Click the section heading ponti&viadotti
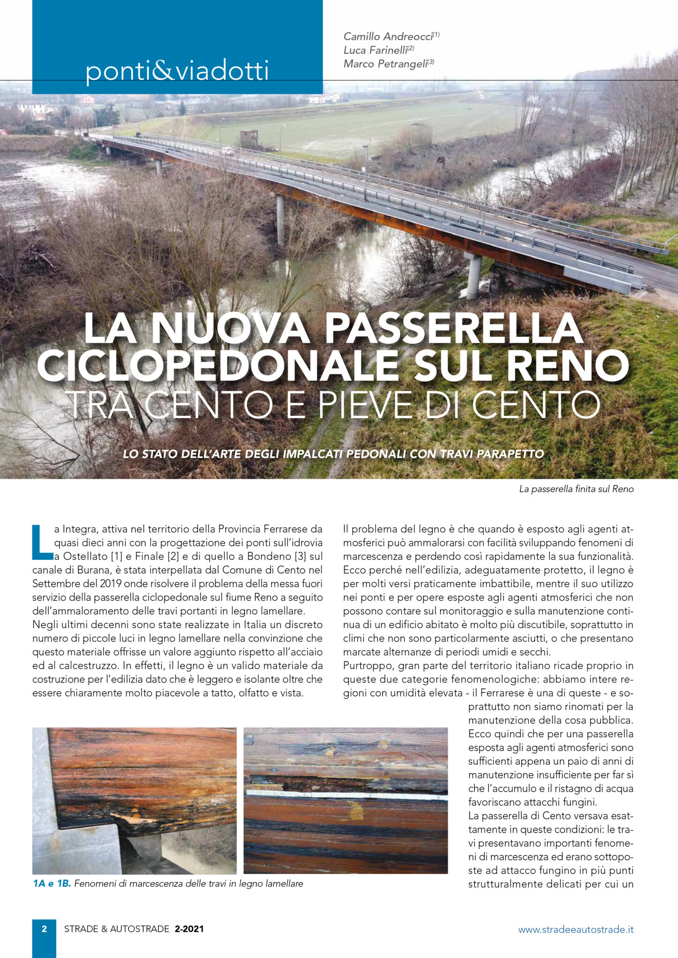point(177,71)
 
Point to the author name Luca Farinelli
point(375,51)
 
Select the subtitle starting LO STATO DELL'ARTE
point(333,454)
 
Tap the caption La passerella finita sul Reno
point(576,489)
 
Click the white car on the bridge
point(227,151)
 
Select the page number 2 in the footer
point(44,929)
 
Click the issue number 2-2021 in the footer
point(189,929)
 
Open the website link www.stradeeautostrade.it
point(575,929)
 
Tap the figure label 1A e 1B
point(52,884)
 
